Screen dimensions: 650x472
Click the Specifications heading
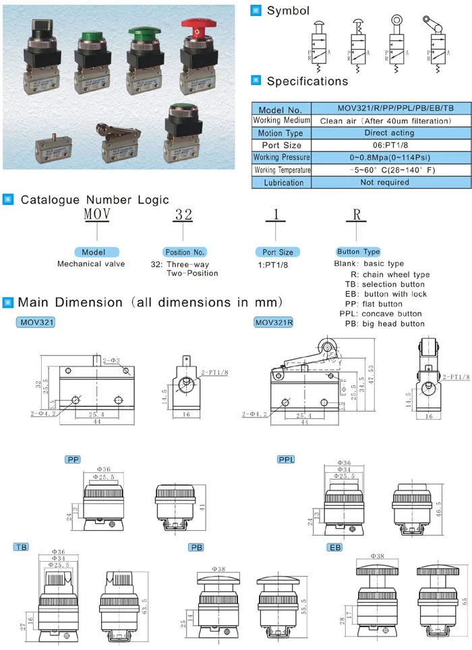307,82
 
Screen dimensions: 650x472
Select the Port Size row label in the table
280,145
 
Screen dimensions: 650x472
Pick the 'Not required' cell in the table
384,182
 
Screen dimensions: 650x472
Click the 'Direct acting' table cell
384,133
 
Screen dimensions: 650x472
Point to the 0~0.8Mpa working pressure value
384,157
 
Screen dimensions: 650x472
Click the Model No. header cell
280,109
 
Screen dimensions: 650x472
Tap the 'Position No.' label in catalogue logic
184,252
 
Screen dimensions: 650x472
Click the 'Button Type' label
357,252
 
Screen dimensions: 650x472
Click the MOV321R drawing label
273,323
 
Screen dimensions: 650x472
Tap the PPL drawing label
286,459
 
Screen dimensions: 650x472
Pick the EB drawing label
334,548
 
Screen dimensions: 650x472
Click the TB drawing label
20,548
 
